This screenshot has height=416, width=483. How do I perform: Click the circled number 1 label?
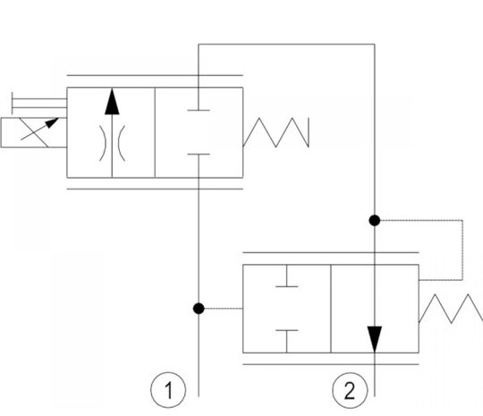tap(168, 390)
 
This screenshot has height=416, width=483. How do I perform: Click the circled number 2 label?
tap(350, 390)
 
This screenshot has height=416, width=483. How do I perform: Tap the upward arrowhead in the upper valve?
tap(112, 102)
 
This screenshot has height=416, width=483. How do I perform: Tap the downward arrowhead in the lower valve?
tap(375, 339)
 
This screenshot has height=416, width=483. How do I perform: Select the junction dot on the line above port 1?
tap(199, 309)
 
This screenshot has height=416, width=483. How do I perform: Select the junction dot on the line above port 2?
tap(375, 221)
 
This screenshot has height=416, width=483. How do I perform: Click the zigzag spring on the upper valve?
tap(275, 132)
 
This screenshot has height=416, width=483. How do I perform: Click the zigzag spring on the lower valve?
tap(451, 309)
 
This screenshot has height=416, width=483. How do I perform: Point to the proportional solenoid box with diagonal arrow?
tap(34, 132)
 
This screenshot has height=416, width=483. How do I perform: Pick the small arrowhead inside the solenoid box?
tap(52, 123)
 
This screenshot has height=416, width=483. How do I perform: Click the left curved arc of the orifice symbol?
tap(103, 143)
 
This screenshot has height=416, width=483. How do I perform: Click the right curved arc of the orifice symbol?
tap(122, 143)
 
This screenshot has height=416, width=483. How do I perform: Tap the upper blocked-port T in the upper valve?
tap(199, 98)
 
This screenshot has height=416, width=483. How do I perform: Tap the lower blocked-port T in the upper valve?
tap(199, 166)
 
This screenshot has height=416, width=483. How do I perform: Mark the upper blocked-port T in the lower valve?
tap(287, 276)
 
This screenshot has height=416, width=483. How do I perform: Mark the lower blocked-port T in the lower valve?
tap(287, 342)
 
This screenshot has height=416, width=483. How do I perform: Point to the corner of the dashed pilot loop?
tap(462, 220)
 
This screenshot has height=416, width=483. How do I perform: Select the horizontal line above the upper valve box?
tap(155, 75)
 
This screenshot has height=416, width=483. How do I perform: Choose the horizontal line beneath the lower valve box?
tap(331, 364)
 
